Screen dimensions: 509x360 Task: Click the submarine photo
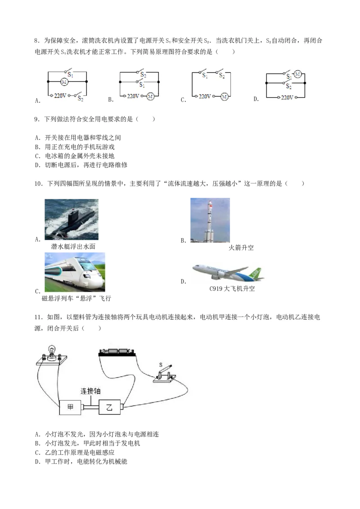point(72,221)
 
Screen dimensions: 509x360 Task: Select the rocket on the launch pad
point(208,220)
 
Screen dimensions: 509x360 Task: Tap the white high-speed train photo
point(75,273)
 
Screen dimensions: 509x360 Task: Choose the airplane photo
point(228,272)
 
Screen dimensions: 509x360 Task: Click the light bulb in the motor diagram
point(52,350)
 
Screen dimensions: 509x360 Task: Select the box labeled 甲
point(70,407)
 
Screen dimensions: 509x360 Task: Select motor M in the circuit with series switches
point(224,96)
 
